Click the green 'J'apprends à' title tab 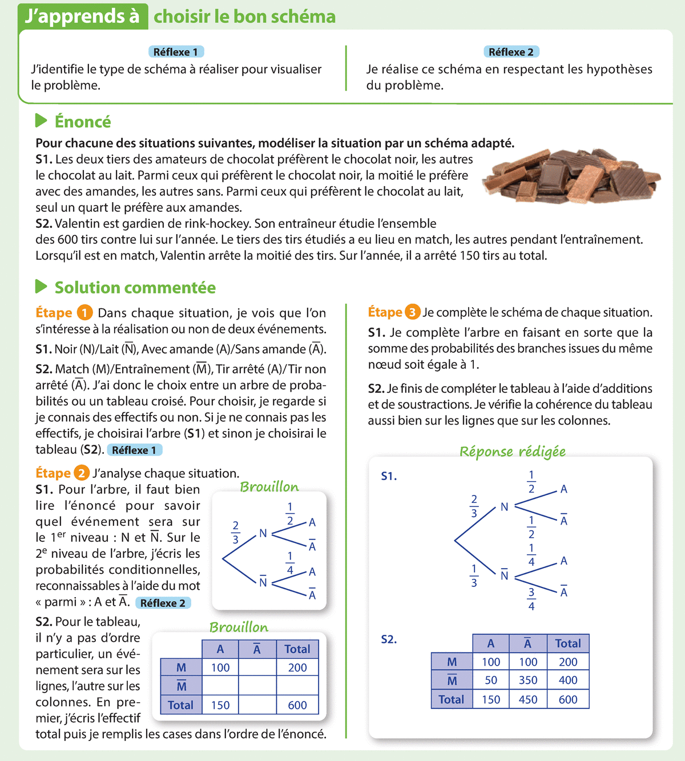coord(83,16)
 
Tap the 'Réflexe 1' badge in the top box coord(175,52)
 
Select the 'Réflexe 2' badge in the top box coord(511,52)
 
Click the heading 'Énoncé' coord(82,122)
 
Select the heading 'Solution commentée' coord(135,287)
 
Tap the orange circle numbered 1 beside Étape coord(84,313)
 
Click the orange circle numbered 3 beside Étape coord(412,312)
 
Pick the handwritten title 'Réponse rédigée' coord(512,452)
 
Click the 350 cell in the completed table coord(528,681)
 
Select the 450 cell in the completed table coord(528,699)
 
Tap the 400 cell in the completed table coord(568,681)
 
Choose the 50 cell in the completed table coord(491,681)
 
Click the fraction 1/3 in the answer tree coord(474,576)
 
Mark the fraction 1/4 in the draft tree coord(290,563)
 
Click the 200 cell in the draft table coord(297,667)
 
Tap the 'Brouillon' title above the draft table coord(239,627)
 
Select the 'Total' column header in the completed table coord(568,643)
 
